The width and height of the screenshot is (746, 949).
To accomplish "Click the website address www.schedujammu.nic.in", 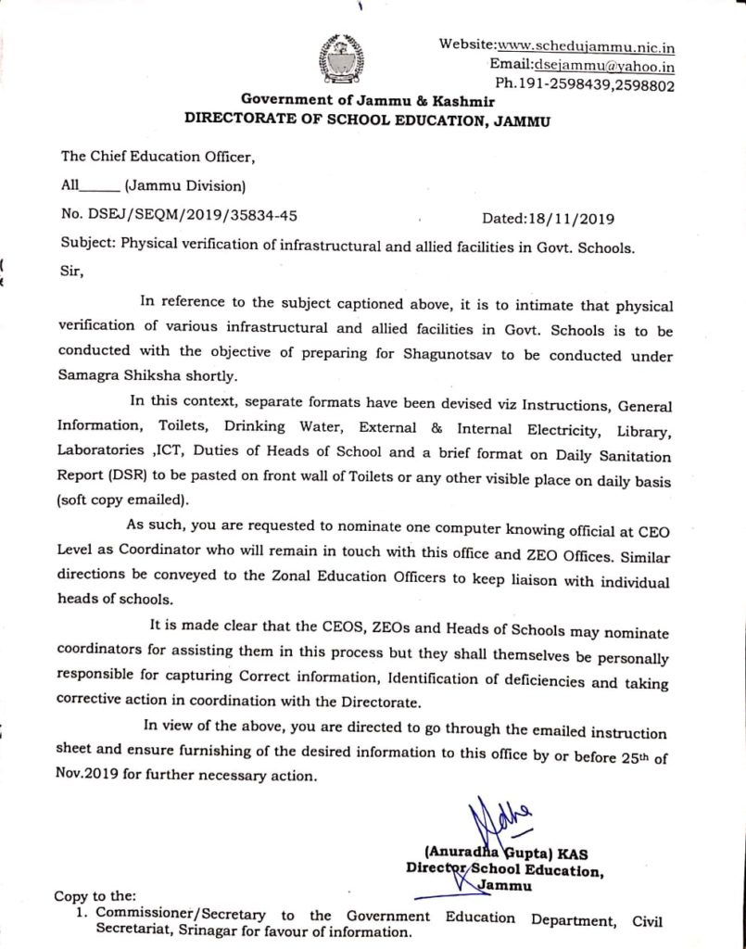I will pos(586,46).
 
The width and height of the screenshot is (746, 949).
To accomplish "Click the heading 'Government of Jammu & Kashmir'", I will pos(368,100).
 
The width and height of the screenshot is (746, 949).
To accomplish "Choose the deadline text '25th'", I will pos(631,755).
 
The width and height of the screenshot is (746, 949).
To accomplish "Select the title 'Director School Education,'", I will pos(505,871).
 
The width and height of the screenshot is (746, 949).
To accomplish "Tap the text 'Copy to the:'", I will pos(95,896).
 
